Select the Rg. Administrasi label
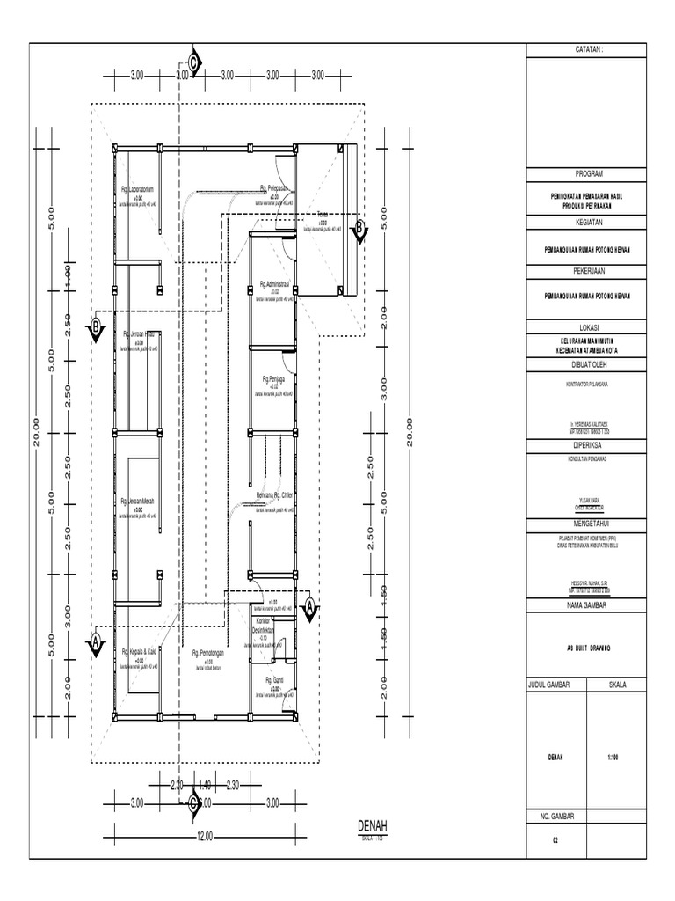click(x=274, y=285)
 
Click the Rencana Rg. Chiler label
click(x=273, y=496)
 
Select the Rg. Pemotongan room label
click(x=209, y=654)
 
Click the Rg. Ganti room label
click(x=273, y=680)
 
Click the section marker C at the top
click(x=195, y=62)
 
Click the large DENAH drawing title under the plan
click(x=372, y=824)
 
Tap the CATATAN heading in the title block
click(x=589, y=51)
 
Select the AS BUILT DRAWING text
click(x=589, y=645)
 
